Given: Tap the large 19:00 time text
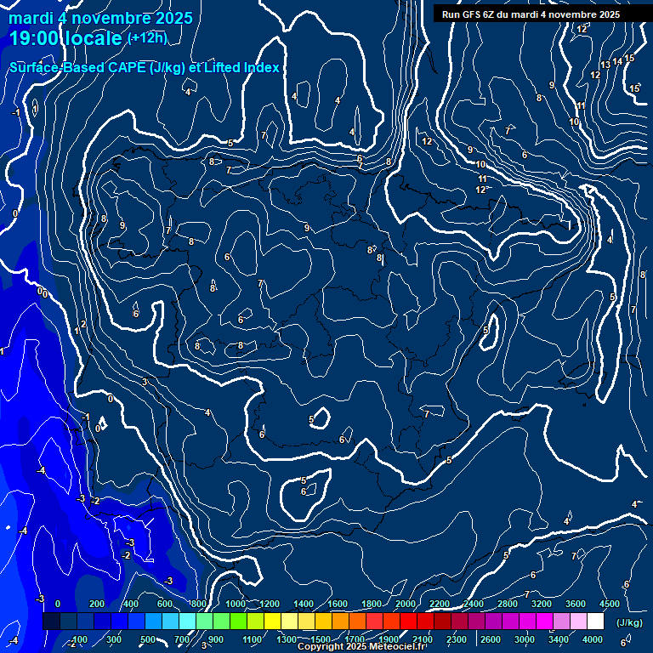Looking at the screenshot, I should pyautogui.click(x=42, y=38).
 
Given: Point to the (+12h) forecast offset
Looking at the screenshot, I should pyautogui.click(x=147, y=38).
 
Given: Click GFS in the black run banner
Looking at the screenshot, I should pyautogui.click(x=474, y=14).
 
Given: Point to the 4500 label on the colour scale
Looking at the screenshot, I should pyautogui.click(x=609, y=604).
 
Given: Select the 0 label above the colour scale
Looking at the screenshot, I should pyautogui.click(x=58, y=604).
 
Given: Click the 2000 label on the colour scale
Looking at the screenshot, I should pyautogui.click(x=406, y=604).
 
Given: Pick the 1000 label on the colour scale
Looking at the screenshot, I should pyautogui.click(x=235, y=604).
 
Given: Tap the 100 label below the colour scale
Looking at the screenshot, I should pyautogui.click(x=80, y=639).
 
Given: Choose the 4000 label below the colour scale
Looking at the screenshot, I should pyautogui.click(x=593, y=639).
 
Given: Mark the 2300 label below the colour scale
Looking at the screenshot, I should pyautogui.click(x=457, y=639).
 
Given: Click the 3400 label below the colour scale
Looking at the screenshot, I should pyautogui.click(x=559, y=639).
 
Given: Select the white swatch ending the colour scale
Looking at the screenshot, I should pyautogui.click(x=595, y=622).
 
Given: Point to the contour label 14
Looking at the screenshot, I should pyautogui.click(x=618, y=61).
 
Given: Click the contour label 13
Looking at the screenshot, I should pyautogui.click(x=605, y=65).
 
